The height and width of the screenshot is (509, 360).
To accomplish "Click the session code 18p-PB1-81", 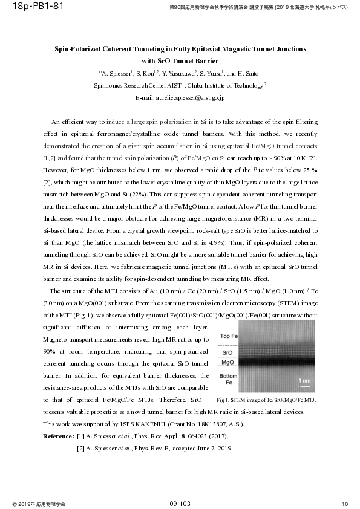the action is [x=28, y=7].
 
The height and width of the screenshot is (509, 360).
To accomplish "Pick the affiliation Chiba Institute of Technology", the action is [x=228, y=86].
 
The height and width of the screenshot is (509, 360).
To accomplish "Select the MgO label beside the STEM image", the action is [x=227, y=362].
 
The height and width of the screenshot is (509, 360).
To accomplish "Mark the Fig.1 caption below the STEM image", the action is [x=266, y=400].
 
